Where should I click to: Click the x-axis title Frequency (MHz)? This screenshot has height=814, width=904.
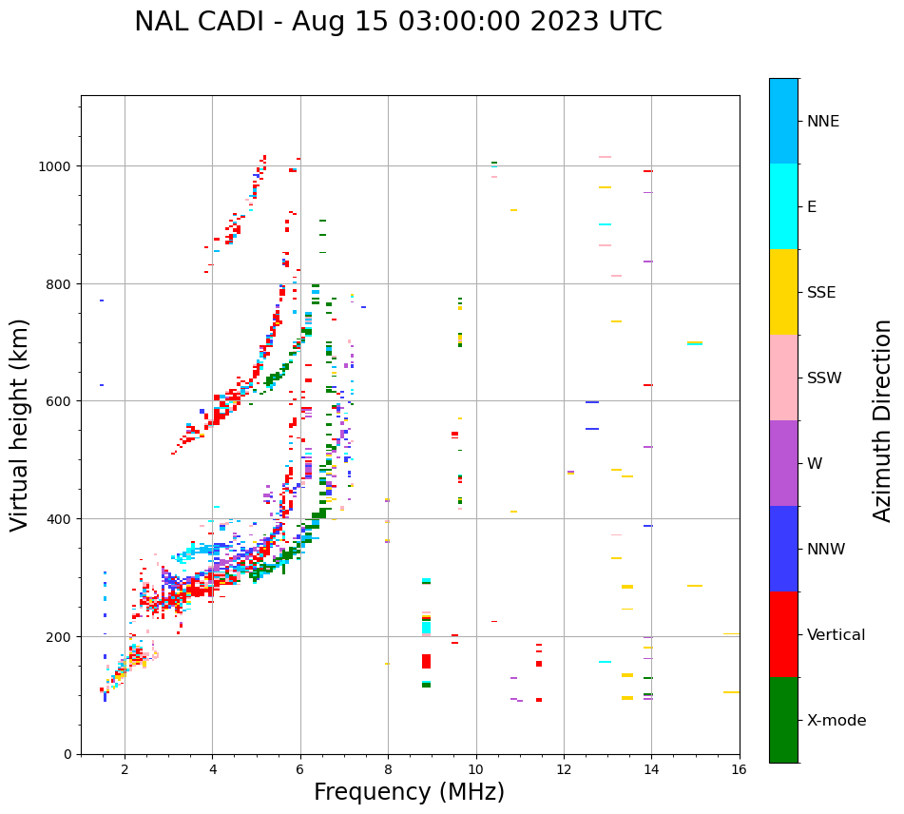tap(409, 792)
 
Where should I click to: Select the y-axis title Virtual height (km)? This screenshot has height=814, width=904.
tap(21, 424)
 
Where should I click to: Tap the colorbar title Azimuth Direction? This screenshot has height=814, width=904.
tap(883, 420)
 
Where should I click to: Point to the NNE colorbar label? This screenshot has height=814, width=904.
tap(823, 122)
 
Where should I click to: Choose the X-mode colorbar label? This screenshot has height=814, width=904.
tap(837, 721)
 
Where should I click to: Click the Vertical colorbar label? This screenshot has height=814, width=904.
tap(837, 635)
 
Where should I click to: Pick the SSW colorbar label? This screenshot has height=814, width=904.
tap(824, 378)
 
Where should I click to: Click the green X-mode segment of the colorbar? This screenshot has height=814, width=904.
tap(783, 720)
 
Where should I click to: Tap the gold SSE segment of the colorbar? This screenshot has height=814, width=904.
tap(783, 292)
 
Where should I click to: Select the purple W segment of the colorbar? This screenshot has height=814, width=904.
tap(783, 463)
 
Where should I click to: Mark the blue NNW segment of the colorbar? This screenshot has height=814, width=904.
tap(783, 549)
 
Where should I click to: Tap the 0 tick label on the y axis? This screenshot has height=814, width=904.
tap(67, 754)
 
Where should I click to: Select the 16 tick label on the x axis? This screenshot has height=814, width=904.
tap(740, 771)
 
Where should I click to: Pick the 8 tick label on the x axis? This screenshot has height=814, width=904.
tap(388, 771)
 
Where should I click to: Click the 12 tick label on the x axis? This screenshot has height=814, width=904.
tap(564, 771)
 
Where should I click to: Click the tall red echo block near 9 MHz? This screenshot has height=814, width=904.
tap(427, 661)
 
